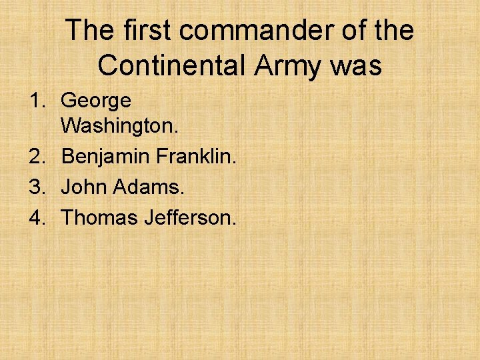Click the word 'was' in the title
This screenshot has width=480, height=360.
click(x=358, y=65)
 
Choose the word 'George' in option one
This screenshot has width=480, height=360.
click(x=96, y=101)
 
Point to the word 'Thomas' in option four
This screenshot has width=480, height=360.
click(x=99, y=217)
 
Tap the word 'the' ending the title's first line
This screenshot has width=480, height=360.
click(x=393, y=31)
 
